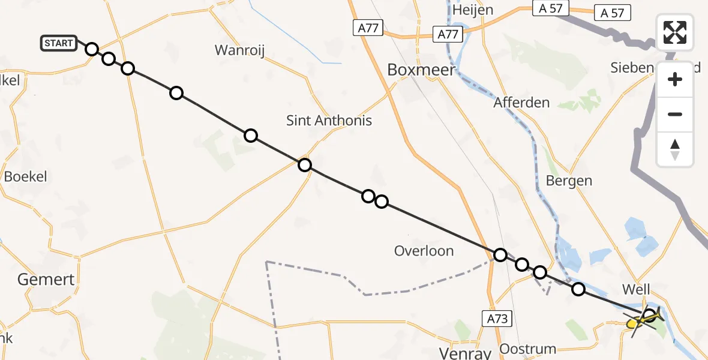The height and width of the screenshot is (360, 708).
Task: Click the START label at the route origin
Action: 59,43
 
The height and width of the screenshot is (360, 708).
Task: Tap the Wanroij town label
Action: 240,50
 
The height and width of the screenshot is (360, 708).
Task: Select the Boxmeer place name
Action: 421,70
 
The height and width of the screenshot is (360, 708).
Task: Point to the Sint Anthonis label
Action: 329,121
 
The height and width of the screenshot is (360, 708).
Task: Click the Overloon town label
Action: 424,251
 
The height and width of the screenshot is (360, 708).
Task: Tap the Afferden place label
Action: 521,103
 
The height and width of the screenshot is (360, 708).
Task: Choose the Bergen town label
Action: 569,181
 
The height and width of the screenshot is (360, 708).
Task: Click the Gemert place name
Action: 46,279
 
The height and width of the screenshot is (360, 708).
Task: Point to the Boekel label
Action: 25,177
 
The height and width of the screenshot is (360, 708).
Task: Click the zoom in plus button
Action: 675,79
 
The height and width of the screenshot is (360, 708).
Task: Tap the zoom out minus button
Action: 675,114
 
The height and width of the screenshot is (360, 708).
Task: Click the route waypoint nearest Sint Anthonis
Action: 305,164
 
